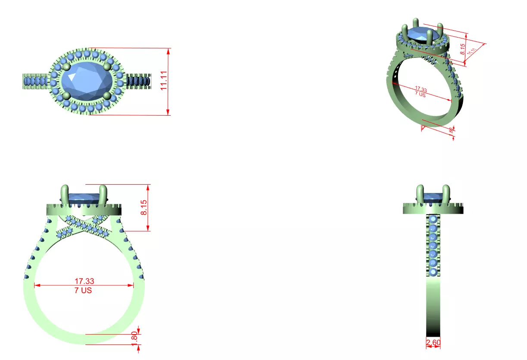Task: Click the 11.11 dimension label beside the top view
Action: [164, 81]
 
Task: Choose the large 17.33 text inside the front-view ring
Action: [84, 281]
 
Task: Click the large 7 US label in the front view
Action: [83, 291]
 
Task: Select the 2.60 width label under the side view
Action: [433, 343]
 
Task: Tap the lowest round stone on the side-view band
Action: [433, 272]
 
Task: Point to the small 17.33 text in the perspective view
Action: [420, 89]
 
